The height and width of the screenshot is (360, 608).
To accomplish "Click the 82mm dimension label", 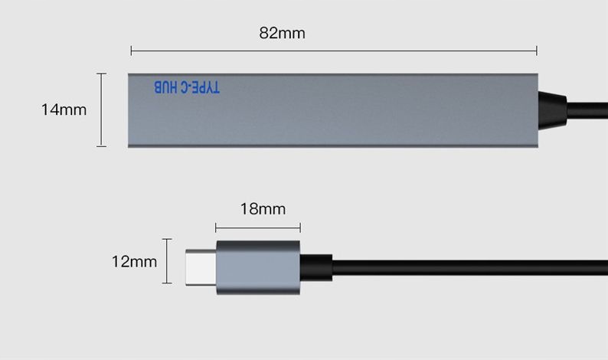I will [282, 33].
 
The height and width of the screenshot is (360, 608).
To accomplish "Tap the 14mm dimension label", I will [64, 110].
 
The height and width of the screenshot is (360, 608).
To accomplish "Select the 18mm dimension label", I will [262, 208].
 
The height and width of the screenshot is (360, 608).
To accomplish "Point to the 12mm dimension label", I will [133, 261].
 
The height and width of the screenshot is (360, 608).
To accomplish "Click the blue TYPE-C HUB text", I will [187, 87].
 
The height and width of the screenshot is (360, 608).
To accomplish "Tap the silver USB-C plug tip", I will [201, 267].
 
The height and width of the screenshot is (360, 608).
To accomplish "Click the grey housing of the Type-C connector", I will [258, 267].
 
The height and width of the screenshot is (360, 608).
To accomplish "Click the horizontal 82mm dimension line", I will [334, 51].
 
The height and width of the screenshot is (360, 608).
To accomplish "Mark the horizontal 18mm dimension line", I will [258, 227].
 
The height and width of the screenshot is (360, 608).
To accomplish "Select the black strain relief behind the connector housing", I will [315, 267].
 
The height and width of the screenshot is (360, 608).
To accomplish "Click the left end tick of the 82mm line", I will [132, 51].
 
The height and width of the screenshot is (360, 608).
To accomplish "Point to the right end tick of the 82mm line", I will [537, 51].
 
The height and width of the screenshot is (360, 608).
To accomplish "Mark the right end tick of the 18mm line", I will [300, 227].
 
